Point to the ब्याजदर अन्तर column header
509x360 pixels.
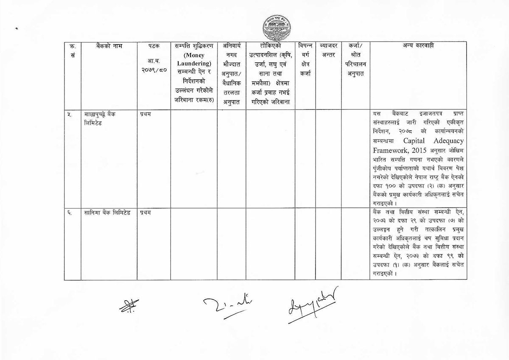coord(328,50)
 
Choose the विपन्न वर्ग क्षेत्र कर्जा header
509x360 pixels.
coord(305,59)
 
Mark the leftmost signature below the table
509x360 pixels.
coord(126,305)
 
